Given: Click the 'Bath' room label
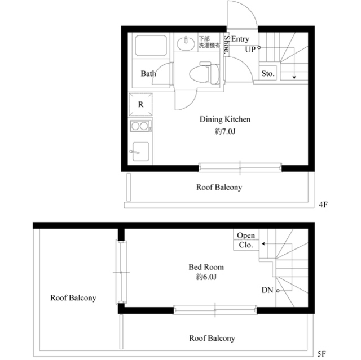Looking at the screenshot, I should [x=148, y=74].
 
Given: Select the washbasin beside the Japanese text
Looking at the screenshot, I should [x=184, y=43].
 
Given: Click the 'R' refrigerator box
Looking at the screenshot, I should [x=140, y=105].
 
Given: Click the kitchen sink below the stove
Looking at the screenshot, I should [x=139, y=151].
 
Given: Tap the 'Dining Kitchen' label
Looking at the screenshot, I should [x=225, y=119].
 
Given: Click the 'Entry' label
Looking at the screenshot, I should [x=240, y=39].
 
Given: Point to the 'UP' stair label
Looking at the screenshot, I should [x=250, y=49].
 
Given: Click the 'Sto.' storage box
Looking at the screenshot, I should [x=267, y=74].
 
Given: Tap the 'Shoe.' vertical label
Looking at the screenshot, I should [x=226, y=45].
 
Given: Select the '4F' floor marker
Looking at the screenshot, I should [x=323, y=205].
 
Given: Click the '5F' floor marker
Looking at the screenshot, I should [x=322, y=354].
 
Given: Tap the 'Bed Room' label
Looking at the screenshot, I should [x=206, y=267].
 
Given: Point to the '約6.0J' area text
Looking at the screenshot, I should [x=206, y=278].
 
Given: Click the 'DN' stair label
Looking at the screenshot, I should [x=267, y=290].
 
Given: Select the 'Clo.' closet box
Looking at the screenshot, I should [x=245, y=245].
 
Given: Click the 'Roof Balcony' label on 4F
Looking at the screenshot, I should [x=219, y=187].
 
